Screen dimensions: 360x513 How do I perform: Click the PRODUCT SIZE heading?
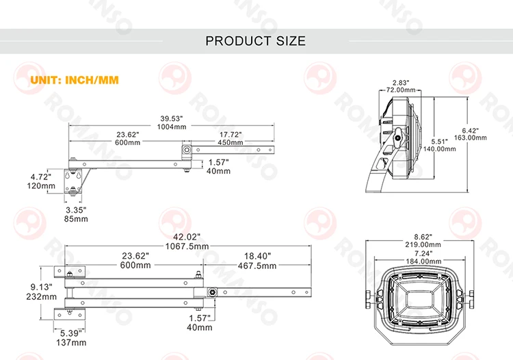[x=256, y=41]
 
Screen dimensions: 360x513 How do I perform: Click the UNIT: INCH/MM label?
[x=75, y=80]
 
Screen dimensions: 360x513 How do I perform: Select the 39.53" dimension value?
[x=170, y=118]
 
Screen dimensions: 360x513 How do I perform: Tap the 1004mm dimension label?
[x=170, y=127]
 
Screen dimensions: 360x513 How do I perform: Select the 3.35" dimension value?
[x=75, y=209]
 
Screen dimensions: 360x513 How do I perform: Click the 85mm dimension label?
[x=75, y=219]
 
